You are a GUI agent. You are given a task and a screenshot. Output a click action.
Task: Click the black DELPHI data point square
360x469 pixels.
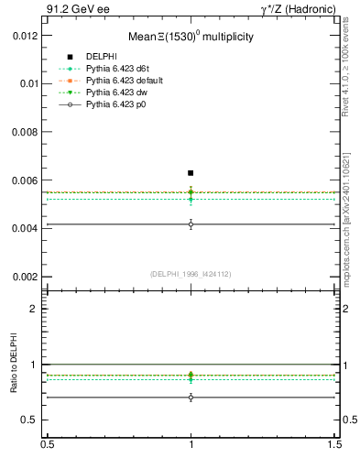click(x=191, y=172)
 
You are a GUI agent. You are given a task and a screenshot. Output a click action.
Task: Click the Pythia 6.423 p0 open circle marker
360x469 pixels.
click(x=191, y=224)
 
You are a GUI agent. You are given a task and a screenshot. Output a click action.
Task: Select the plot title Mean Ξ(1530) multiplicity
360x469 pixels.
click(x=191, y=37)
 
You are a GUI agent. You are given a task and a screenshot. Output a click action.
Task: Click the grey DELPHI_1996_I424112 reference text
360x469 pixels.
click(x=191, y=274)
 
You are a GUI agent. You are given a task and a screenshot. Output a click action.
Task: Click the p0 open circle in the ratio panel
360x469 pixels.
click(x=191, y=398)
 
